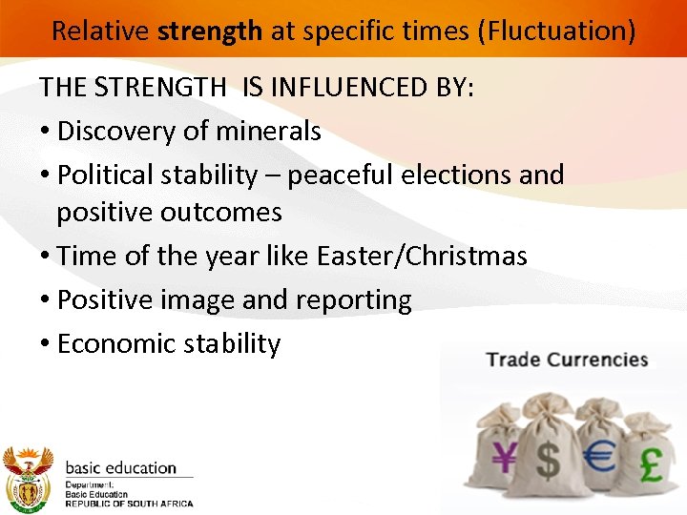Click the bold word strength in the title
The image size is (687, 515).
pos(210,31)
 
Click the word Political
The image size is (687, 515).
pos(105,175)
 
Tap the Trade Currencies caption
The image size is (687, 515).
pos(567,360)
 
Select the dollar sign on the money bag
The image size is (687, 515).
pos(549,460)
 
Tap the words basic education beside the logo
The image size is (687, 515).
pos(120,468)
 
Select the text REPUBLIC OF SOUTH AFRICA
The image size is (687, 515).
pos(129,504)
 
